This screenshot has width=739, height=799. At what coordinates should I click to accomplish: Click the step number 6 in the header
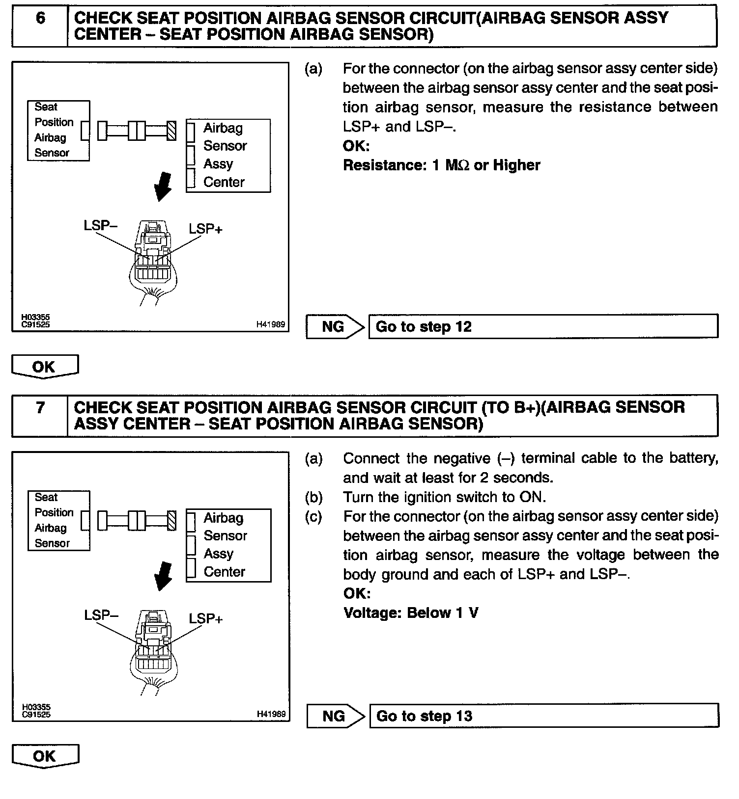40,19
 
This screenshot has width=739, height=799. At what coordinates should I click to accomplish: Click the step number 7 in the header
40,408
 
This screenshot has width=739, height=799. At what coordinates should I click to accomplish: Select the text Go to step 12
424,327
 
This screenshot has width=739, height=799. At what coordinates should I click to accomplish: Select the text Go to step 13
424,716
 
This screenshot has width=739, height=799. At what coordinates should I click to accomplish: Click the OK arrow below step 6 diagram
44,367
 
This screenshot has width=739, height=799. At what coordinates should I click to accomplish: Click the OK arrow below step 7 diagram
45,756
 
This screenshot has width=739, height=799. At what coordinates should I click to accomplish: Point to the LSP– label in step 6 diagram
101,225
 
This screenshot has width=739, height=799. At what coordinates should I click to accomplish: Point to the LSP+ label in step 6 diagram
205,229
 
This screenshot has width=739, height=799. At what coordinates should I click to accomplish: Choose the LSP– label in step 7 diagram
101,615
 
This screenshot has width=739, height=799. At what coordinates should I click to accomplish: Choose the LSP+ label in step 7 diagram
205,618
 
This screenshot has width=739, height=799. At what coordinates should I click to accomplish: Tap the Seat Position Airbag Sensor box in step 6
58,131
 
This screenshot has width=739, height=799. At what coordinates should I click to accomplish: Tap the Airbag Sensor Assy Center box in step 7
228,545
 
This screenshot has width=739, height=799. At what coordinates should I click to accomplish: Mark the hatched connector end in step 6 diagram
171,131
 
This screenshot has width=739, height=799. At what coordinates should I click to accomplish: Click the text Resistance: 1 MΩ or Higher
441,165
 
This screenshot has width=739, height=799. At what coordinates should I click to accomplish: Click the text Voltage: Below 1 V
411,613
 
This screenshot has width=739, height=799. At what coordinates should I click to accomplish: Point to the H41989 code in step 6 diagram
270,324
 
